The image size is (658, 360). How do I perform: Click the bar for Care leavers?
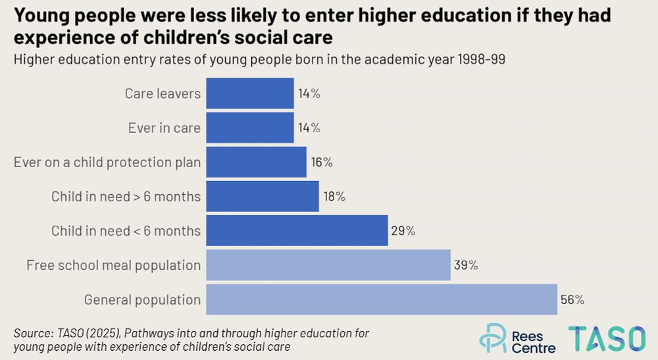coord(250,93)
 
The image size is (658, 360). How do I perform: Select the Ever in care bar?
coord(250,128)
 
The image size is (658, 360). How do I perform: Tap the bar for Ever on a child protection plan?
coord(257,162)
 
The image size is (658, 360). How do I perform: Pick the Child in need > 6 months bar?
coord(263,196)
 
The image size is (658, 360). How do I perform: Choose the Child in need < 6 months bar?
coord(297,231)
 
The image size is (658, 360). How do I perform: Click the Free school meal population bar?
coord(328,265)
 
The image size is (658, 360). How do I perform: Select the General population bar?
coord(382,299)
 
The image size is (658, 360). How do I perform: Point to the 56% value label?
coord(572,299)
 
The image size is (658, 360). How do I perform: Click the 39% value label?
coord(465,265)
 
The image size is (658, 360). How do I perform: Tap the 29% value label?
coord(403,231)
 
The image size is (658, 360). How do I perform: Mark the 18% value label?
coord(334,196)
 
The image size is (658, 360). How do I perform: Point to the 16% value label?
coord(321,162)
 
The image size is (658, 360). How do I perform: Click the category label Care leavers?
coord(163,93)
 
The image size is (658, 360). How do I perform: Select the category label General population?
coord(142,300)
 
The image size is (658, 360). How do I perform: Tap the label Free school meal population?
coord(113,265)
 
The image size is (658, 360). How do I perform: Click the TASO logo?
coord(607,338)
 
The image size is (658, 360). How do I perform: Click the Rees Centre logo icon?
coord(492,338)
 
